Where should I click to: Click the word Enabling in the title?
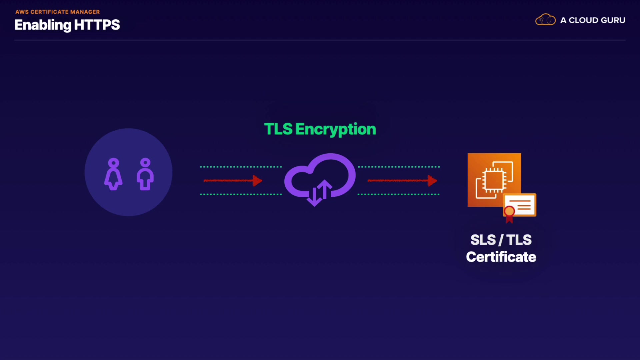click(43, 25)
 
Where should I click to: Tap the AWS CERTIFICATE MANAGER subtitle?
click(57, 12)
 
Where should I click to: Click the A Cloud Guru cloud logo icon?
click(545, 20)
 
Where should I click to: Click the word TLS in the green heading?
click(278, 129)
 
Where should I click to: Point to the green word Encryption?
click(335, 130)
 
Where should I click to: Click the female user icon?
click(113, 174)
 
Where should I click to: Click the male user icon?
click(145, 174)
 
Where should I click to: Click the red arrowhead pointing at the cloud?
click(257, 181)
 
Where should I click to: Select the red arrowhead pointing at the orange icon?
click(432, 181)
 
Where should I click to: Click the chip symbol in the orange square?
click(494, 180)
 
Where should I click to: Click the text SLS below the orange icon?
click(483, 240)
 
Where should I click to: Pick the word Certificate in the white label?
click(501, 257)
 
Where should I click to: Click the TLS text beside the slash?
click(519, 240)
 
